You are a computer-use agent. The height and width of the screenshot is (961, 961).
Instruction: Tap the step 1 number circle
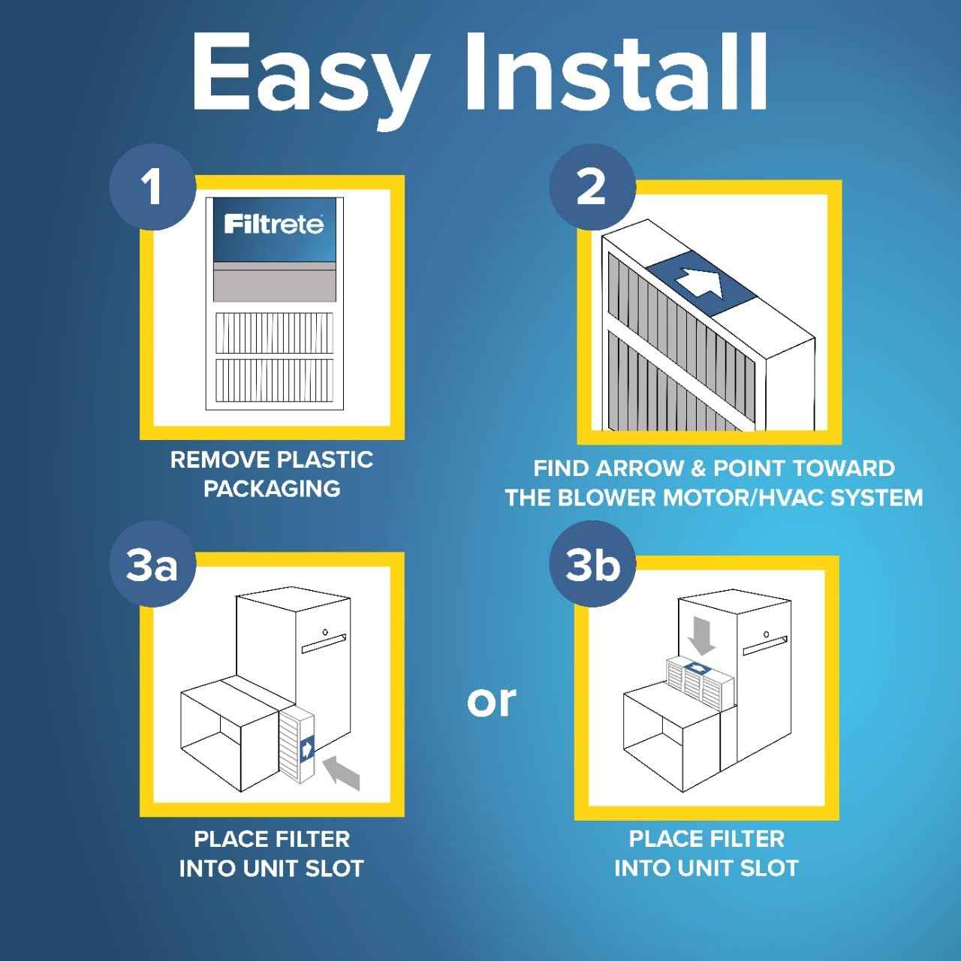152,185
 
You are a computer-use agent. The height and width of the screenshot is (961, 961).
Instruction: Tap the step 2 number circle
591,185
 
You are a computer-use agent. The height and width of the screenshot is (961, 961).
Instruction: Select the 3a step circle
152,565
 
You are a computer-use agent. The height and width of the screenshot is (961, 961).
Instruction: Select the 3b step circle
592,565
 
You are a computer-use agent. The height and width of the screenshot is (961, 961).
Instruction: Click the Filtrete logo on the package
274,224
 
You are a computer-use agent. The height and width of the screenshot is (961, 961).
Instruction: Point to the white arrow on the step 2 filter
698,283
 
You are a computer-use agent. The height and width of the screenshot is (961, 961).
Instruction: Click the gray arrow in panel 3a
342,773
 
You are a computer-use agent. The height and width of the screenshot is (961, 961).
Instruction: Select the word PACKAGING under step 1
272,489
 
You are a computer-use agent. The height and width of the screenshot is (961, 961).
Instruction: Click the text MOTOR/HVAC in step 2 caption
752,498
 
